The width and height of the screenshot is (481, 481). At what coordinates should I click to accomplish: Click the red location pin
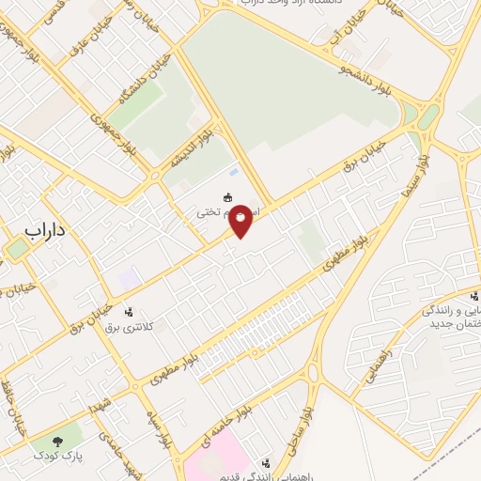point(241,220)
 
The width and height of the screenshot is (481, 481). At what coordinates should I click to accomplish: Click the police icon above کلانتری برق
point(129,311)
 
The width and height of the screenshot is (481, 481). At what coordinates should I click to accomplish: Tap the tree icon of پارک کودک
point(60,440)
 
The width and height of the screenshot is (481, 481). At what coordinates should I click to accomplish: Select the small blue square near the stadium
point(232,173)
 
